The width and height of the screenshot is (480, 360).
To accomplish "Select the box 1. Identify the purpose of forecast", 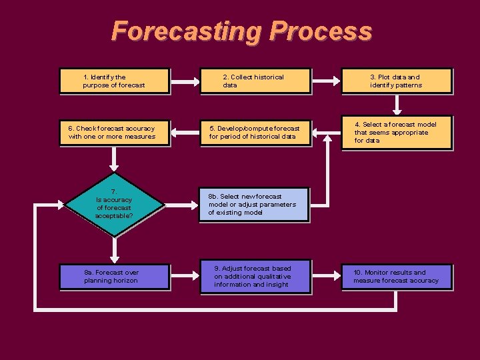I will pyautogui.click(x=114, y=81).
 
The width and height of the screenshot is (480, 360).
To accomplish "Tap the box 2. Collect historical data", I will pyautogui.click(x=255, y=81).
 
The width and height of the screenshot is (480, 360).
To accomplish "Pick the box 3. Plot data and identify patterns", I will pyautogui.click(x=397, y=81).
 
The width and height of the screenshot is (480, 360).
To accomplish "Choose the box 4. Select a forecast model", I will pyautogui.click(x=397, y=133).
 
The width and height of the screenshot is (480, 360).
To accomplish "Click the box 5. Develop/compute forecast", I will pyautogui.click(x=255, y=133).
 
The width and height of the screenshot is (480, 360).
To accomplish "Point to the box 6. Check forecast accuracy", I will pyautogui.click(x=114, y=133).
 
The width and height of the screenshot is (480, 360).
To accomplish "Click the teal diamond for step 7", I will pyautogui.click(x=114, y=204).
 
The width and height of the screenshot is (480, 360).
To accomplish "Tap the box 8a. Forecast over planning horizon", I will pyautogui.click(x=114, y=277).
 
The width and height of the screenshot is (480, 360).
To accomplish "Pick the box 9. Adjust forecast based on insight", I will pyautogui.click(x=255, y=277).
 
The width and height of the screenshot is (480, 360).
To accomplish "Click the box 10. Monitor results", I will pyautogui.click(x=397, y=277).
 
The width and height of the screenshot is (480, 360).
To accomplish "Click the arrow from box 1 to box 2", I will pyautogui.click(x=185, y=81).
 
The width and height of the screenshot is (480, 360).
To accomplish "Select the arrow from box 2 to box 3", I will pyautogui.click(x=326, y=81).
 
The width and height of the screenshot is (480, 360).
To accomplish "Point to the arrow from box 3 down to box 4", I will pyautogui.click(x=397, y=103).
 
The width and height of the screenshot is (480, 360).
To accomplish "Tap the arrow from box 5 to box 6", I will pyautogui.click(x=185, y=133).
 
